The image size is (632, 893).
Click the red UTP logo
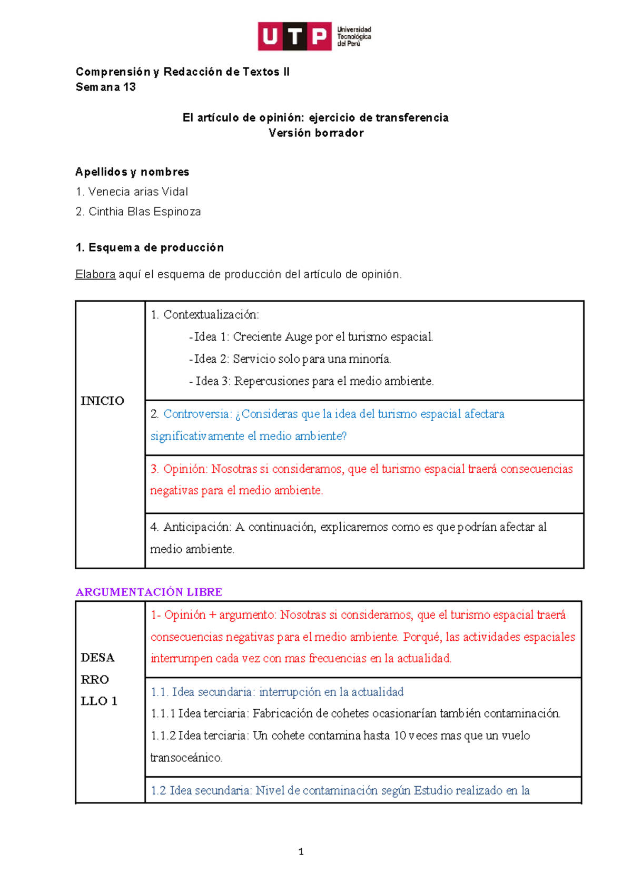pyautogui.click(x=294, y=36)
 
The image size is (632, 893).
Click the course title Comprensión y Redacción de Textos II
pyautogui.click(x=182, y=72)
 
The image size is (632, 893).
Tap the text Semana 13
pyautogui.click(x=106, y=87)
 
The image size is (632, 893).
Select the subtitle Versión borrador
pyautogui.click(x=316, y=133)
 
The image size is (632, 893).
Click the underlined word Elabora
pyautogui.click(x=95, y=274)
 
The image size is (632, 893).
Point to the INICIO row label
pyautogui.click(x=102, y=401)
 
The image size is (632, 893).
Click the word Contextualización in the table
pyautogui.click(x=211, y=315)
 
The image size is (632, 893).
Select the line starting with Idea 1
pyautogui.click(x=311, y=337)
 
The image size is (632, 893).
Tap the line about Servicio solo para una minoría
pyautogui.click(x=290, y=359)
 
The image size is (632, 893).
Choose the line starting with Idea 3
pyautogui.click(x=311, y=381)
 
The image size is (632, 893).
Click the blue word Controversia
pyautogui.click(x=196, y=414)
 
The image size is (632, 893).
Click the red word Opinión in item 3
pyautogui.click(x=185, y=469)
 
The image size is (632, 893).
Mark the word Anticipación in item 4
pyautogui.click(x=196, y=527)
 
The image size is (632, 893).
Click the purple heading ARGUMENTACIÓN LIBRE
pyautogui.click(x=149, y=592)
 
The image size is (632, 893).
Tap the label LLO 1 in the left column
pyautogui.click(x=99, y=701)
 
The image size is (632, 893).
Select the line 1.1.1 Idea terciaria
pyautogui.click(x=355, y=713)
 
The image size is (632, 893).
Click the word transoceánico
pyautogui.click(x=186, y=758)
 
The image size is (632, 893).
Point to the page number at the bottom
pyautogui.click(x=301, y=852)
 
